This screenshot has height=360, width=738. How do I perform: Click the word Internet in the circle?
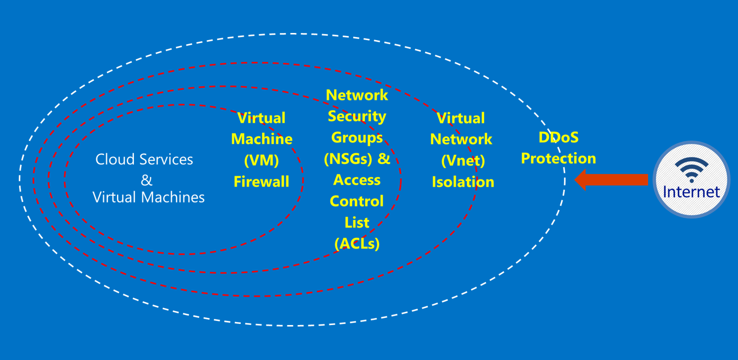pos(691,192)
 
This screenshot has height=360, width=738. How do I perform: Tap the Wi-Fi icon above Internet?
pos(691,170)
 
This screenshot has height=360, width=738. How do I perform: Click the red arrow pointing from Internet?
pos(611,179)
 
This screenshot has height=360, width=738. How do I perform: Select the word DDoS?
pos(558,137)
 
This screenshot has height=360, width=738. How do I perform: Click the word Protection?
pos(558,159)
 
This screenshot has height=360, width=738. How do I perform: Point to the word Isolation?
pos(463,182)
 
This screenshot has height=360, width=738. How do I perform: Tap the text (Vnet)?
pos(463,161)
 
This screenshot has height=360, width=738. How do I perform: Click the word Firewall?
pos(262,182)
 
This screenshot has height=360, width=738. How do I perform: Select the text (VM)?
pos(262,160)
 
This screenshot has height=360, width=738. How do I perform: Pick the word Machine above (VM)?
pos(262,139)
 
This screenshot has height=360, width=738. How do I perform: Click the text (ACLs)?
pos(357,244)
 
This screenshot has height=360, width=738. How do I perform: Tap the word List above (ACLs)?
pos(357,223)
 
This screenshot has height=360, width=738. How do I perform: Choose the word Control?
pos(357,201)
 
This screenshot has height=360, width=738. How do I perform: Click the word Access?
pos(357,180)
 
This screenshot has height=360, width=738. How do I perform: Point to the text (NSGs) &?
pos(357,159)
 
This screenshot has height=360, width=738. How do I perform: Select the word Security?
pos(357,117)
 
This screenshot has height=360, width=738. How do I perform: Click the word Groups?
pos(357,138)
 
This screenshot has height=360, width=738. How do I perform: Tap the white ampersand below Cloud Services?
pos(146,180)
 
